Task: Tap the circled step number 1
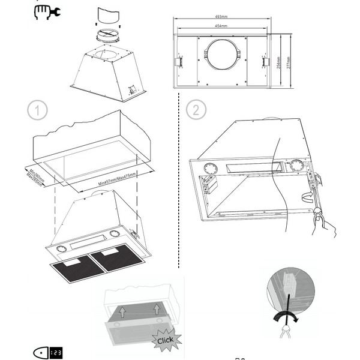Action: [38, 110]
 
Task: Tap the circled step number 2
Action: [196, 110]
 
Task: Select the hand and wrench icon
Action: [47, 11]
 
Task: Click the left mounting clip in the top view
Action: [179, 62]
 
